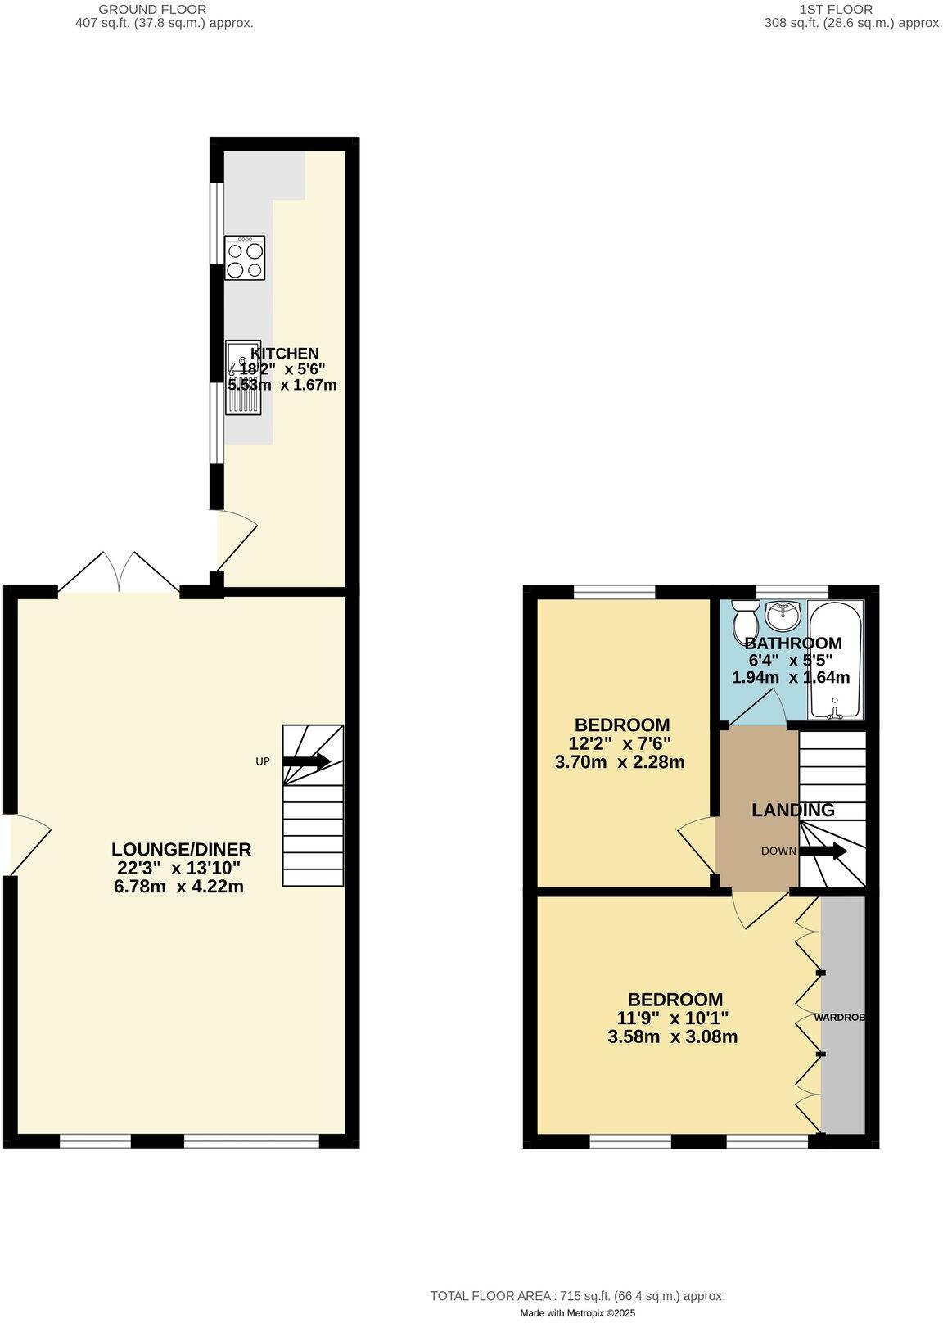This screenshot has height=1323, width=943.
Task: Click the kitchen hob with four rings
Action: click(245, 258)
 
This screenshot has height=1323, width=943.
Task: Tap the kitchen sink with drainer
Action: click(244, 377)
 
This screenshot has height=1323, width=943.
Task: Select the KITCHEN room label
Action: click(284, 354)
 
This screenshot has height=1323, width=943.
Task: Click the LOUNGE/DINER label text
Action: click(181, 850)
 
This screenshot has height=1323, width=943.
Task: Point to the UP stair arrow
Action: click(307, 761)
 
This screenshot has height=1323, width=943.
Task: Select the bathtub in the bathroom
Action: click(835, 660)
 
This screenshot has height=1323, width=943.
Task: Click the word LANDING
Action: click(793, 811)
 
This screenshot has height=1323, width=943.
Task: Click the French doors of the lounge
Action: click(120, 572)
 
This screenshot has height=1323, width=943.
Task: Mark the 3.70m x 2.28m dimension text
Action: click(620, 762)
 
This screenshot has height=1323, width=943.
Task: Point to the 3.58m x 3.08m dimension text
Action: click(673, 1036)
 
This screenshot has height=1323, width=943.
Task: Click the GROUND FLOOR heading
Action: click(152, 9)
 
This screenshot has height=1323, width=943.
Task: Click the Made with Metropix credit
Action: click(578, 1312)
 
